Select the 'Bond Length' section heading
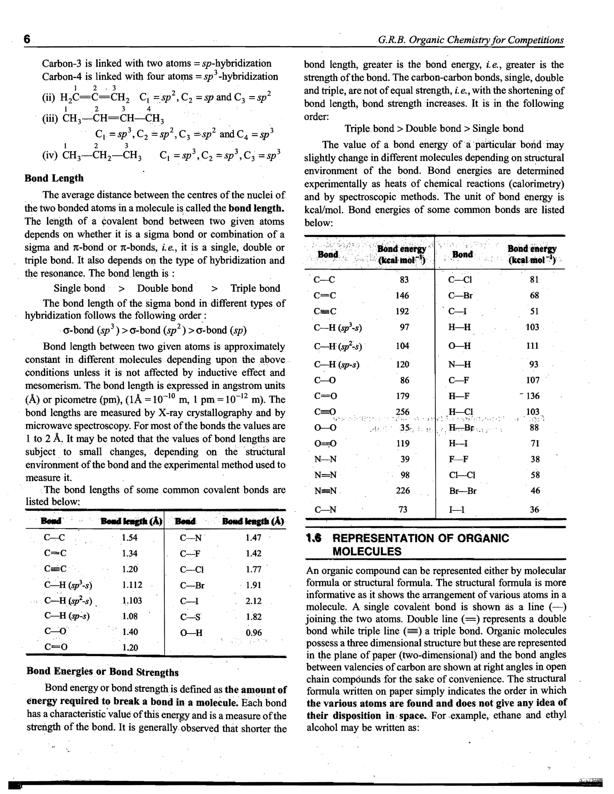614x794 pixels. tap(54, 178)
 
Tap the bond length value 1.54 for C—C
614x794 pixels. tap(130, 537)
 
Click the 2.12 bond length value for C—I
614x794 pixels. tap(254, 601)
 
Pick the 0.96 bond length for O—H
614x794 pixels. tap(254, 633)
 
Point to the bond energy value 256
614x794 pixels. tap(403, 412)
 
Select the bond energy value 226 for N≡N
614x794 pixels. tap(403, 490)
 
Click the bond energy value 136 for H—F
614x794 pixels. tap(533, 396)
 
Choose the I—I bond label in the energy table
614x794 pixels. tap(457, 510)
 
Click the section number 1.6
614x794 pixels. tap(314, 538)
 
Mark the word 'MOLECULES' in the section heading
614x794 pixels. tap(367, 552)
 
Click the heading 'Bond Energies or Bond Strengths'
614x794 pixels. tap(103, 671)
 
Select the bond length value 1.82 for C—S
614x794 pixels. tap(254, 617)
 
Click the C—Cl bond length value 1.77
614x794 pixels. tap(254, 569)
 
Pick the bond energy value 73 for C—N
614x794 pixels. tap(403, 509)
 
